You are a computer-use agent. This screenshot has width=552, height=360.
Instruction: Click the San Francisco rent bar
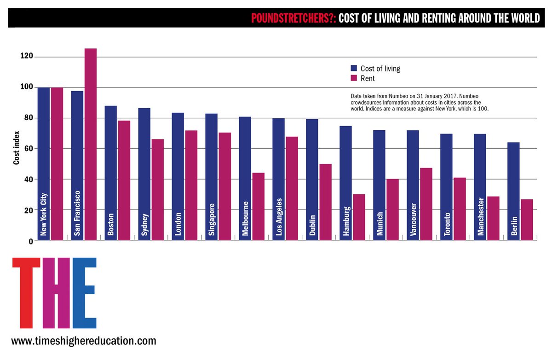[91, 144]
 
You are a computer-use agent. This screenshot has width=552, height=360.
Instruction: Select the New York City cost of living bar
[44, 164]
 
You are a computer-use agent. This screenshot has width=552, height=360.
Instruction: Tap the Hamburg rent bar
[359, 217]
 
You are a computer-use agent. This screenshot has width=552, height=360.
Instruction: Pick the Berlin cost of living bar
[513, 192]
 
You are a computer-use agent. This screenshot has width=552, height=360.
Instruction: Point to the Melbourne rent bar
[259, 206]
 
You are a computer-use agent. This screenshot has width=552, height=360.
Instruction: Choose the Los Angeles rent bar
[292, 188]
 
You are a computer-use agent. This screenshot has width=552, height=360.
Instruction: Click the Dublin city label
[312, 225]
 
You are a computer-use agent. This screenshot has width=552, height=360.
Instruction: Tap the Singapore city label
[212, 220]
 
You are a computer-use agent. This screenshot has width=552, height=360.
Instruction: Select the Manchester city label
[481, 216]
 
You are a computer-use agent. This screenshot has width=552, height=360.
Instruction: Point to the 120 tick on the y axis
[27, 56]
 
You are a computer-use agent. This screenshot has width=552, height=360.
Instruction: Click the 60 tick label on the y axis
[29, 148]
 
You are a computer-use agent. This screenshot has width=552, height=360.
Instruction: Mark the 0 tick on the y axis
[31, 241]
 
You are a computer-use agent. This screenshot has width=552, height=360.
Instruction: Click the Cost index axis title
[16, 148]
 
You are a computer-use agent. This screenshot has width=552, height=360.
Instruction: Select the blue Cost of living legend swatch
[354, 68]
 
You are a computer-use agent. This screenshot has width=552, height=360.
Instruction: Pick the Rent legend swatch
[354, 78]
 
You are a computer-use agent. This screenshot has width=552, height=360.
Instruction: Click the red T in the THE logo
[26, 293]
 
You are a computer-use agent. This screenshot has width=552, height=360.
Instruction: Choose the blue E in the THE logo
[85, 293]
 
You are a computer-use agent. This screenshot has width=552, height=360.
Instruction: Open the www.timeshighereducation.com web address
[84, 341]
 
